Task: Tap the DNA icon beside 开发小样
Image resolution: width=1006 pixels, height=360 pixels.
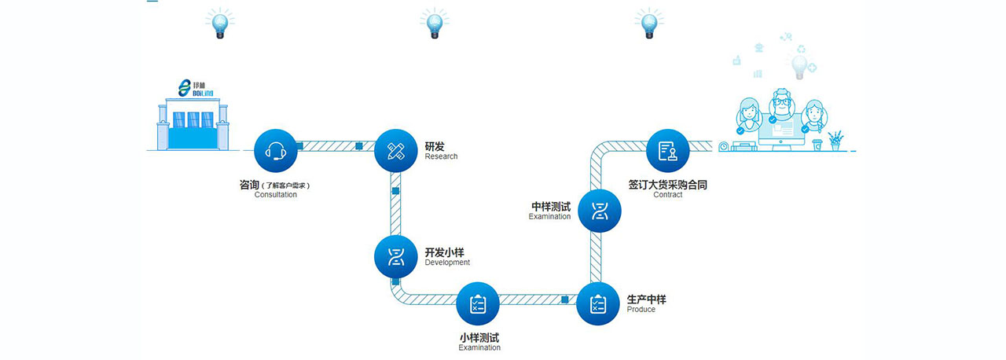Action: (395, 256)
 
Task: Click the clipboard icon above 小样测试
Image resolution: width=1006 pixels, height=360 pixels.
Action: (478, 303)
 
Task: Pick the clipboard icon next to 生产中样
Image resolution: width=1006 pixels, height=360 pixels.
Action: (598, 303)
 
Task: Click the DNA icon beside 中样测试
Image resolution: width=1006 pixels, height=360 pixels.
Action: (600, 209)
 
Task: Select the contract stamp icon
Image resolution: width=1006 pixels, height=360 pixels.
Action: (667, 150)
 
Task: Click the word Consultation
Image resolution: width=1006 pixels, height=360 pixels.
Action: (275, 195)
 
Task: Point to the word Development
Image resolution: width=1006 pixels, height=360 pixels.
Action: (447, 263)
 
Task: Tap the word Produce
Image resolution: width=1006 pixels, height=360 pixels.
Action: (641, 310)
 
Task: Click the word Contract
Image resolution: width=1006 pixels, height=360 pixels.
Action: (667, 195)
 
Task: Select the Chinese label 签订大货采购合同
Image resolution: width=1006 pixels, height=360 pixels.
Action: (667, 185)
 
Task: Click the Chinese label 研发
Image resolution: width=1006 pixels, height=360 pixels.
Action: (435, 146)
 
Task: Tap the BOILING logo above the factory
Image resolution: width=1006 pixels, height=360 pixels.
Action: (191, 89)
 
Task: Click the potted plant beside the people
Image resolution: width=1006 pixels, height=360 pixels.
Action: (835, 140)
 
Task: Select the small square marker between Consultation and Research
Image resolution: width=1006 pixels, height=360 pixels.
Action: (299, 145)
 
